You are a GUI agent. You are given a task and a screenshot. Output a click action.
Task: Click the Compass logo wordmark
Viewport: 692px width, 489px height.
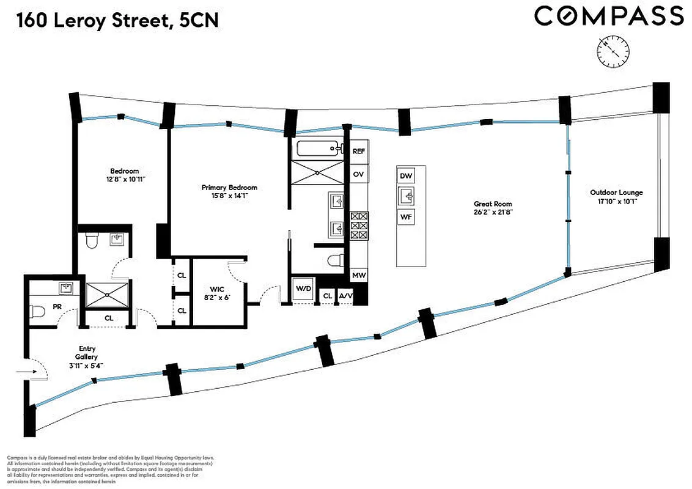point(608,16)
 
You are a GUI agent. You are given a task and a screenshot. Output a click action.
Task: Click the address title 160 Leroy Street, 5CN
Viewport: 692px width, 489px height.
point(117,21)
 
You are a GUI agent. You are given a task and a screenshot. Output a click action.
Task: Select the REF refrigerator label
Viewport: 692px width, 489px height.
point(359,151)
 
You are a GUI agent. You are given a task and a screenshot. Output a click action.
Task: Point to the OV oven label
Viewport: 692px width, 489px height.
point(359,174)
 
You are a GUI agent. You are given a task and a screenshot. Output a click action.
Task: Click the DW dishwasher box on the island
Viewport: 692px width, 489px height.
point(406,175)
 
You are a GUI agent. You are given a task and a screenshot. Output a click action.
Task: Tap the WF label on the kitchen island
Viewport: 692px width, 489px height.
point(406,216)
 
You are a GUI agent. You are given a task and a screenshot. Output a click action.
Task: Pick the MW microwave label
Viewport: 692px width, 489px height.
point(359,276)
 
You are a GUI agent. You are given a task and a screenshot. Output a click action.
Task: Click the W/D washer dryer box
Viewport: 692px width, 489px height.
point(303,289)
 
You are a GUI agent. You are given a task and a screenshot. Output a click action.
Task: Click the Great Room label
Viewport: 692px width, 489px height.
point(493,208)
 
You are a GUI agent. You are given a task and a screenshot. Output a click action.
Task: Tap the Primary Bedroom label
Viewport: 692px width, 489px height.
point(229,191)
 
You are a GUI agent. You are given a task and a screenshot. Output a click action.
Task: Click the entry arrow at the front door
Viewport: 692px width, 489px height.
point(26,370)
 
